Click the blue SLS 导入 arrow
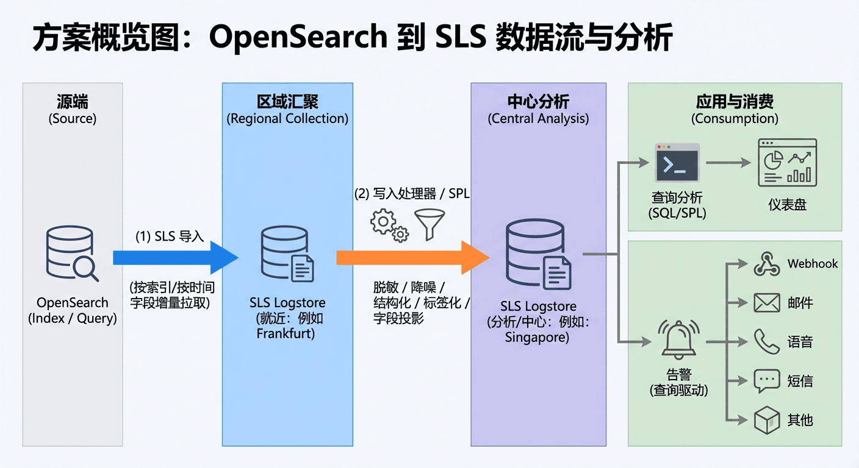[x=174, y=258]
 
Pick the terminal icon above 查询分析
[x=677, y=163]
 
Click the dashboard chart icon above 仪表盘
[x=787, y=162]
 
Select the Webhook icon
[x=767, y=264]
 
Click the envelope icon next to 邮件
[x=767, y=303]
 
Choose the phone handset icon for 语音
[x=767, y=342]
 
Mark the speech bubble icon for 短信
[x=767, y=381]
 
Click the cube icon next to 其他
[x=767, y=420]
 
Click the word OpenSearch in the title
[x=298, y=38]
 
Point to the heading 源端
[x=72, y=102]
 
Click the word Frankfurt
[x=286, y=333]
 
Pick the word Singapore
[x=537, y=337]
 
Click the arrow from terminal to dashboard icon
[x=729, y=163]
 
